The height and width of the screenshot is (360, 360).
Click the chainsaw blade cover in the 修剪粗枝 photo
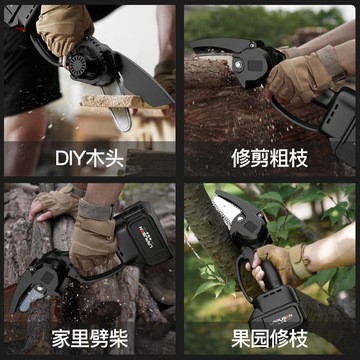(225, 55)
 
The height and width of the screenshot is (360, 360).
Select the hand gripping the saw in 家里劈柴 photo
(95, 225)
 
